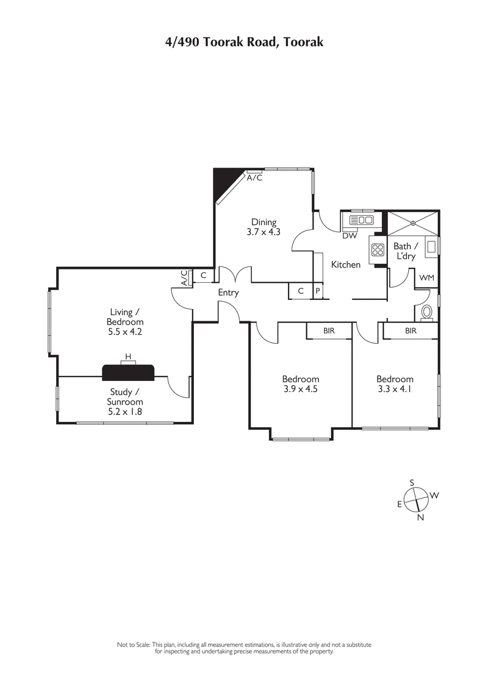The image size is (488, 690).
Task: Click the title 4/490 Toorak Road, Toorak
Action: pyautogui.click(x=244, y=42)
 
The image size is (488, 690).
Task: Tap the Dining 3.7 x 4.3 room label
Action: pyautogui.click(x=264, y=227)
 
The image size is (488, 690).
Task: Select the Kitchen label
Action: pyautogui.click(x=346, y=265)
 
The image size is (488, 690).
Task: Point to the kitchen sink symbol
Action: pyautogui.click(x=361, y=220)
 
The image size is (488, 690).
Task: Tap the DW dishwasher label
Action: pyautogui.click(x=350, y=236)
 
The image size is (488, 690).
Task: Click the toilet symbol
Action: pyautogui.click(x=427, y=311)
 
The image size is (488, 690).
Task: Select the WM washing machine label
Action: pyautogui.click(x=426, y=278)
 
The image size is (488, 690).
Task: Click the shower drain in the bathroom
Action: pyautogui.click(x=413, y=224)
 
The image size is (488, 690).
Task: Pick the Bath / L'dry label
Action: pyautogui.click(x=405, y=251)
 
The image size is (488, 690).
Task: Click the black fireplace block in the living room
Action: pyautogui.click(x=128, y=372)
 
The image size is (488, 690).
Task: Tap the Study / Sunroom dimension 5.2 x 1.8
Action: pyautogui.click(x=126, y=411)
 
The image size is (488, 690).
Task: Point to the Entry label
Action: pyautogui.click(x=228, y=293)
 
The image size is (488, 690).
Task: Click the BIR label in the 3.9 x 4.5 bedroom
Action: pyautogui.click(x=329, y=330)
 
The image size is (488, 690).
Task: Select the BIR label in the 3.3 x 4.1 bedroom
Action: pyautogui.click(x=411, y=330)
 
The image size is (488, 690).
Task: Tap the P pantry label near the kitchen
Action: pyautogui.click(x=318, y=291)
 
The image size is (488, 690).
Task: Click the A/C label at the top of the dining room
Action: pyautogui.click(x=255, y=178)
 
